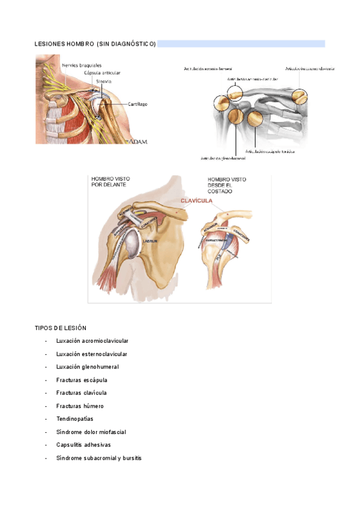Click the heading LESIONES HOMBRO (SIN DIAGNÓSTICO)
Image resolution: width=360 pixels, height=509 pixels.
[95, 44]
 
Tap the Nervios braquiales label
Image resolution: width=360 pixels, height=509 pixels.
[81, 65]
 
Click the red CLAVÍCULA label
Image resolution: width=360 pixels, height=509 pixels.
[197, 201]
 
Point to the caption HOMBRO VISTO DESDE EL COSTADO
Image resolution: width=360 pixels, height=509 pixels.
[227, 185]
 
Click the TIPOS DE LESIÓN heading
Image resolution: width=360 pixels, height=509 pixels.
[61, 328]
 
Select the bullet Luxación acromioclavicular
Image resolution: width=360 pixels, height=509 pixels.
[92, 341]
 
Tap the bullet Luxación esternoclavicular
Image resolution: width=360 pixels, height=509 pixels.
[92, 354]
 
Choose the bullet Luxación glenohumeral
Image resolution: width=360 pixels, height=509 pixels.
[88, 367]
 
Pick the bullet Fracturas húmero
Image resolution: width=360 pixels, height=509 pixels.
[80, 406]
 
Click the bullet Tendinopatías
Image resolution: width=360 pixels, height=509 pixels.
[75, 419]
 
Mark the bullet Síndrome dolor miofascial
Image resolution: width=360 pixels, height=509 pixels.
[91, 432]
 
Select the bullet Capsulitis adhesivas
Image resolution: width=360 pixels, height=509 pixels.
[83, 445]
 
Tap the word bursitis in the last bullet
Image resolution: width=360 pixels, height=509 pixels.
[132, 458]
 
